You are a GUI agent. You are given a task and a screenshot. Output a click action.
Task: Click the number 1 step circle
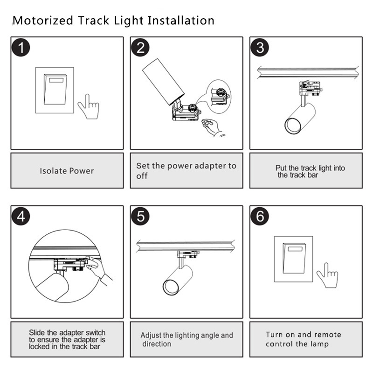tap(21, 48)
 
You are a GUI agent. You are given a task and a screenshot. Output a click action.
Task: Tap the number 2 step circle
tap(140, 48)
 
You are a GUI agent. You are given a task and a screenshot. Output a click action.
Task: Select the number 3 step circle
tap(260, 48)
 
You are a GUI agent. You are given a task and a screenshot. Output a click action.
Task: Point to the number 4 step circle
tap(21, 217)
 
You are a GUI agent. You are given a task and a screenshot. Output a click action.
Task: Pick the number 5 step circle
tap(140, 217)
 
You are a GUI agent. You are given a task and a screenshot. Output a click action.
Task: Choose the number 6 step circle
tap(260, 217)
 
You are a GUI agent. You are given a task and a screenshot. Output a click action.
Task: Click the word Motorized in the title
tap(42, 21)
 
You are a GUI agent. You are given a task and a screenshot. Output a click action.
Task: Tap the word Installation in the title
tap(181, 21)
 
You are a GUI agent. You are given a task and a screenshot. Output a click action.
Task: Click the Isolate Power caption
tap(67, 171)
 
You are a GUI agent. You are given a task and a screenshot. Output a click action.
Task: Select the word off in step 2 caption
tap(142, 176)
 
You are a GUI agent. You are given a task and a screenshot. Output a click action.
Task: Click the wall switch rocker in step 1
tap(56, 89)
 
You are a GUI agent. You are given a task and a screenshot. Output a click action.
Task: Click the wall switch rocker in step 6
tap(295, 258)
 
